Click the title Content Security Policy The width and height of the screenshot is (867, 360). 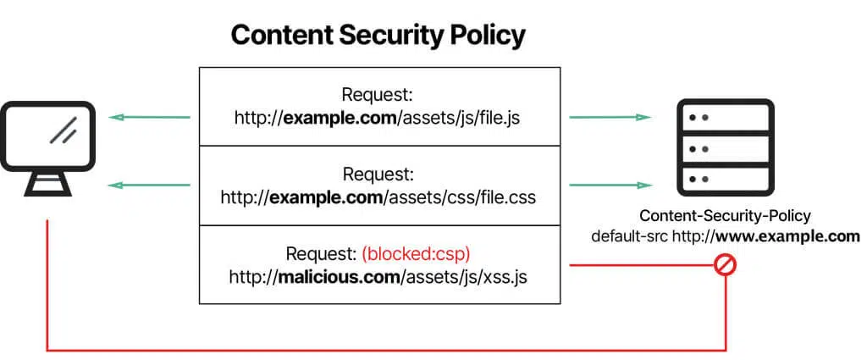[x=378, y=35]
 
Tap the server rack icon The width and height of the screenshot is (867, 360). [x=726, y=147]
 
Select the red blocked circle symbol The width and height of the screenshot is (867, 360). [x=726, y=265]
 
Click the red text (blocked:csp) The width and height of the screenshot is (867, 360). [x=415, y=253]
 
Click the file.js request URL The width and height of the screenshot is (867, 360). [x=377, y=117]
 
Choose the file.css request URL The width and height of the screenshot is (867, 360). [x=378, y=197]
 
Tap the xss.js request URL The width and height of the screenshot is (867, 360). [x=378, y=276]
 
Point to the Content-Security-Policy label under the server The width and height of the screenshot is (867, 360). [x=725, y=216]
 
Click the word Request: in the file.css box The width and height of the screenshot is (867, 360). [x=378, y=174]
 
